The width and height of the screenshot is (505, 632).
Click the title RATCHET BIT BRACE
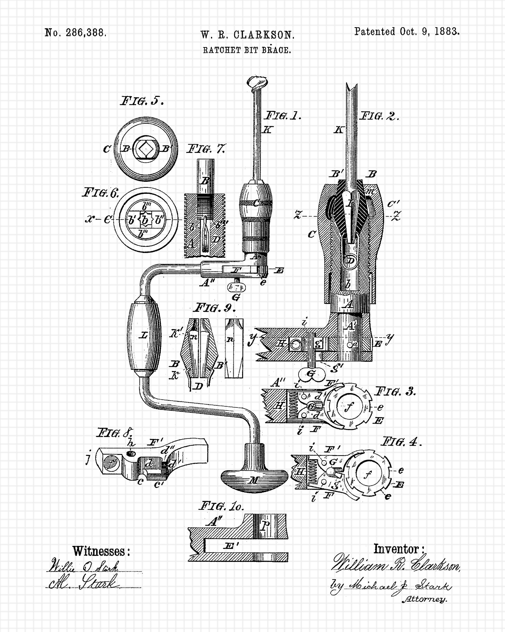point(247,50)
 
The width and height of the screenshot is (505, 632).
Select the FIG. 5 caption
point(142,101)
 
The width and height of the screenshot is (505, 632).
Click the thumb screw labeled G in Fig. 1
point(237,287)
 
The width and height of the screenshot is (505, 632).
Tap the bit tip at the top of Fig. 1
point(257,82)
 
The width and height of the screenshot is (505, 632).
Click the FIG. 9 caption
point(215,308)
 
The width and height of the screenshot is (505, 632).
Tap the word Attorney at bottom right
point(424,599)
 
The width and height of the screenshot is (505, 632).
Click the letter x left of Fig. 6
point(90,219)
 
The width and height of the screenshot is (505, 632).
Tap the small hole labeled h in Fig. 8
point(131,454)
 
